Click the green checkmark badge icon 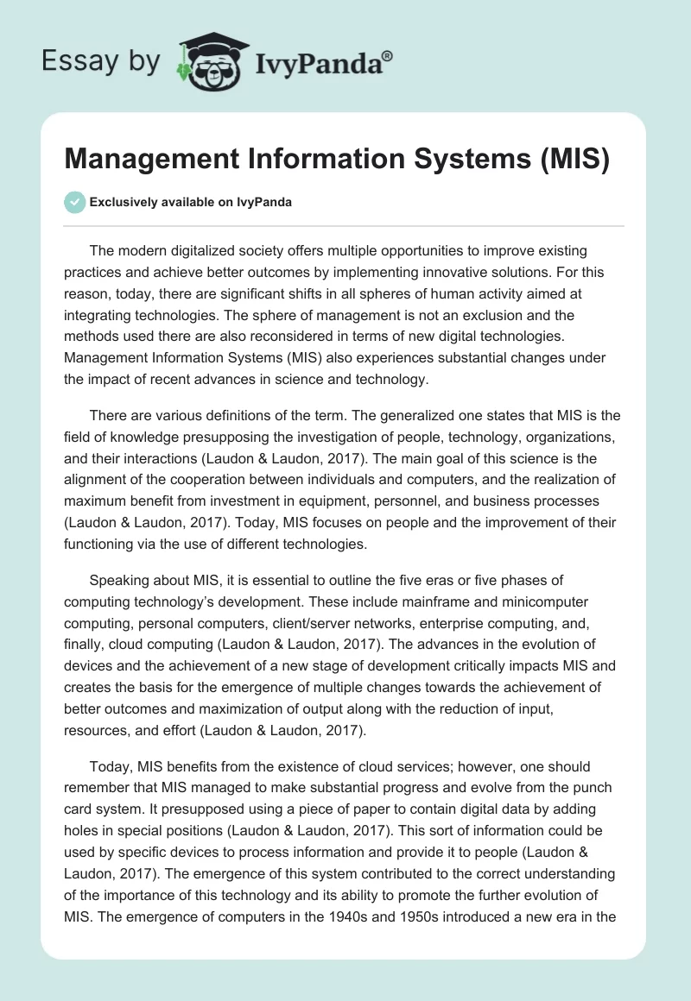coord(74,202)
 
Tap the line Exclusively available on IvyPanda coord(191,202)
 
